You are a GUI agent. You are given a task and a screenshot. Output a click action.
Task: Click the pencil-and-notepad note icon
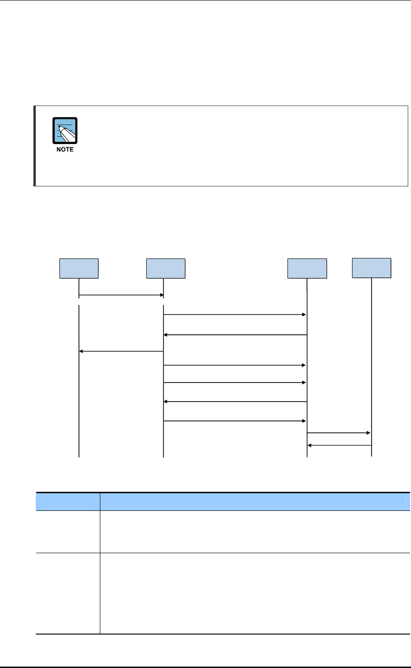coord(65,130)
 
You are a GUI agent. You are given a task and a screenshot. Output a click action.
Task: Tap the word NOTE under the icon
coord(65,150)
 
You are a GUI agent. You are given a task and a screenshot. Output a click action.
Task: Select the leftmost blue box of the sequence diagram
coord(79,268)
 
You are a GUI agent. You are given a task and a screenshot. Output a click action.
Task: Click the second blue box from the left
coord(165,268)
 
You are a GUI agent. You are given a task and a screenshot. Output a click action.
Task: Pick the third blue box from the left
coord(307,268)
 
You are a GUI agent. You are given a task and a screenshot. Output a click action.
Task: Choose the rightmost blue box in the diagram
coord(372,267)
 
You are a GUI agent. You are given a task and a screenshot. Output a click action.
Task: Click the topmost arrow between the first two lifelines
coord(121,295)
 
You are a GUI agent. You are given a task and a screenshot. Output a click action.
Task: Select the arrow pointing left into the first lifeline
coord(121,351)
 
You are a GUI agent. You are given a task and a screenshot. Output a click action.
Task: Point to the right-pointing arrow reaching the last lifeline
coord(339,433)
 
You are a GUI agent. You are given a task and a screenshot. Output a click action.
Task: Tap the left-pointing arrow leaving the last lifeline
coord(339,445)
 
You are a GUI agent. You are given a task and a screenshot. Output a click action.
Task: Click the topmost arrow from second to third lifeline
coord(235,315)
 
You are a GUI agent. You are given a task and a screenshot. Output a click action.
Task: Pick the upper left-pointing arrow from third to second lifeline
coord(235,335)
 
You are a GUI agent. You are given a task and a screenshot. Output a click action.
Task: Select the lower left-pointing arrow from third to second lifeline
coord(235,401)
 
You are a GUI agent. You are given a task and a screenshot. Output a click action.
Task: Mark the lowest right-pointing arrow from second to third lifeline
coord(235,421)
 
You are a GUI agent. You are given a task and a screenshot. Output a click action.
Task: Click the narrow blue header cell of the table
coord(68,501)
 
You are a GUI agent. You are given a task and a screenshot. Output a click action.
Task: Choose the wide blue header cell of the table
coord(255,501)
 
